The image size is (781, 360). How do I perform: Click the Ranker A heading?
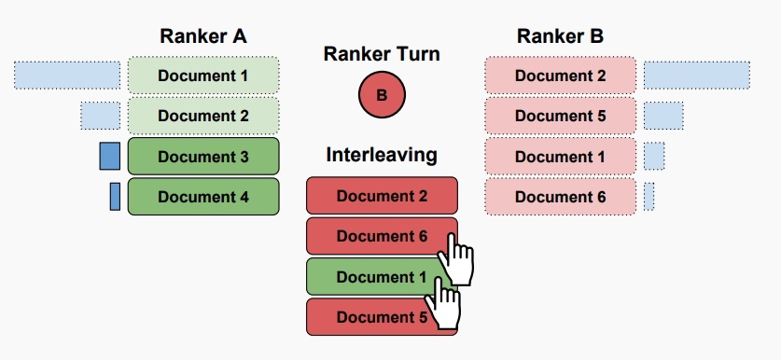pyautogui.click(x=203, y=36)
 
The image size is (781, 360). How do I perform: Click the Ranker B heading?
pyautogui.click(x=560, y=36)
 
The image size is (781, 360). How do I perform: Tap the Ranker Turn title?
pyautogui.click(x=382, y=54)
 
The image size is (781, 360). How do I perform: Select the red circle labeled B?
pyautogui.click(x=382, y=95)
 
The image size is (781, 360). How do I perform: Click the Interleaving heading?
pyautogui.click(x=382, y=155)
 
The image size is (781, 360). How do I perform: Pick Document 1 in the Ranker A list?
pyautogui.click(x=203, y=75)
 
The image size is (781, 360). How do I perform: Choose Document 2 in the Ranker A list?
pyautogui.click(x=203, y=116)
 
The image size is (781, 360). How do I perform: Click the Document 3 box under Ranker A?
pyautogui.click(x=203, y=157)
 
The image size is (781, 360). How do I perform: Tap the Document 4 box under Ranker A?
pyautogui.click(x=203, y=197)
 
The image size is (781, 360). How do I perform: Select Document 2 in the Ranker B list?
pyautogui.click(x=560, y=75)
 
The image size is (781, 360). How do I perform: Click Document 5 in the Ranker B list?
pyautogui.click(x=560, y=116)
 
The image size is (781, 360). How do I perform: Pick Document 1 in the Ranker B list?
pyautogui.click(x=560, y=157)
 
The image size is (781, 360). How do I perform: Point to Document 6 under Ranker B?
pyautogui.click(x=560, y=197)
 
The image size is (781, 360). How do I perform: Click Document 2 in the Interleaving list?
pyautogui.click(x=382, y=196)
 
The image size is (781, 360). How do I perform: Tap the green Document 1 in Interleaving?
pyautogui.click(x=373, y=277)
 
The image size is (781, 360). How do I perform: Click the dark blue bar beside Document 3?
pyautogui.click(x=110, y=156)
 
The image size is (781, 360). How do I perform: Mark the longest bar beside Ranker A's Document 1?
pyautogui.click(x=67, y=75)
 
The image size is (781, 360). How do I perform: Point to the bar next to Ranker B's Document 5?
pyautogui.click(x=663, y=116)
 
